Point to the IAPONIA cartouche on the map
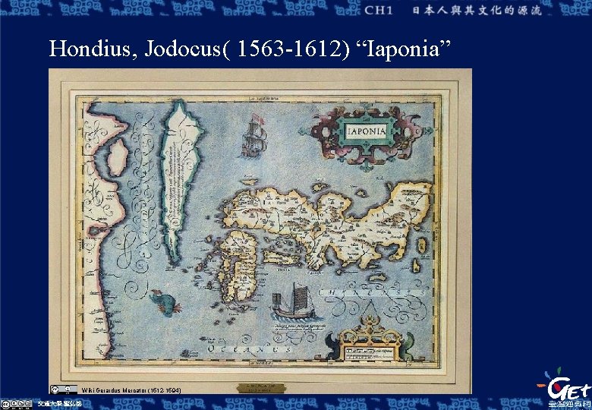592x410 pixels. click(x=367, y=131)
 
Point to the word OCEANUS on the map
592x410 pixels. click(x=250, y=350)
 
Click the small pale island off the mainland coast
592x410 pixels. click(x=118, y=157)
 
